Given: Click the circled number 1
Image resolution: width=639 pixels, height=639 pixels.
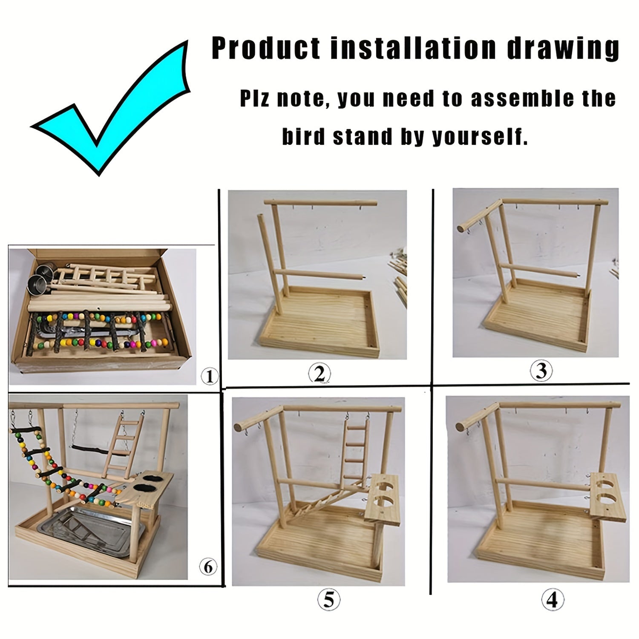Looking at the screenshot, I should pos(209,376).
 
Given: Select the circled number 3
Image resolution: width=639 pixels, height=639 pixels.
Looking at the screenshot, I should pos(541,371).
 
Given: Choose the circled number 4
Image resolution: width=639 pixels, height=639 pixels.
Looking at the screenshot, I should pos(552,600).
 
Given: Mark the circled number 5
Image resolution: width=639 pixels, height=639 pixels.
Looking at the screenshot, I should pos(329,601).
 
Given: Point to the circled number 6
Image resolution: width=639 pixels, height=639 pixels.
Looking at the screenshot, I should pos(208,567).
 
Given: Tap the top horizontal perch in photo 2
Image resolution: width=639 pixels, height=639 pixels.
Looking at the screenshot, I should pos(320,203).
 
